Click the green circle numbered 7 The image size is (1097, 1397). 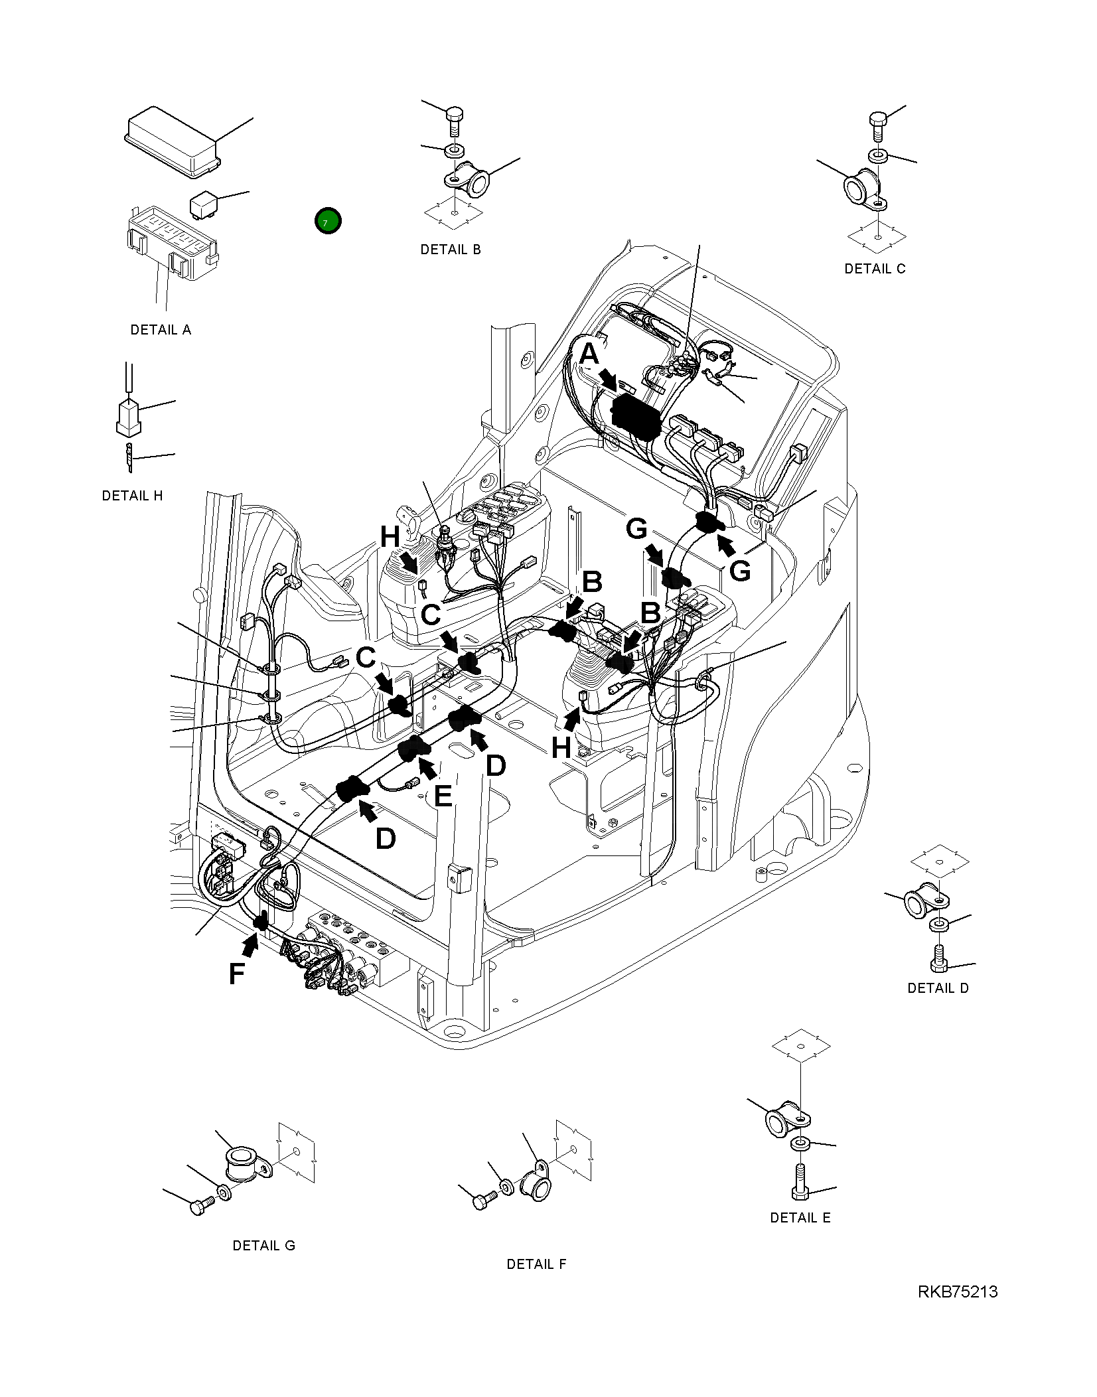click(x=328, y=221)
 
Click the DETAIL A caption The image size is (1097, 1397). click(x=161, y=330)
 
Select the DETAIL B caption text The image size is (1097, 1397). click(x=450, y=250)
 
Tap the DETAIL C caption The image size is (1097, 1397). click(x=874, y=269)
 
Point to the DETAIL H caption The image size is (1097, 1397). click(x=132, y=496)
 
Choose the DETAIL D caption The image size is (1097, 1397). click(x=937, y=988)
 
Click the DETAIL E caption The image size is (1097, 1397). click(x=800, y=1218)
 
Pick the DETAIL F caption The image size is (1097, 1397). click(x=536, y=1264)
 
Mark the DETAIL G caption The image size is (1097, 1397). click(x=263, y=1246)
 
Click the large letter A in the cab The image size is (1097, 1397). click(x=589, y=354)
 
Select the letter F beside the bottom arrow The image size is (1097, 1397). click(x=236, y=974)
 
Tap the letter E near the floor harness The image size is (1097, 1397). click(x=443, y=796)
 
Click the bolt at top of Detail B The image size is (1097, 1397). click(x=455, y=120)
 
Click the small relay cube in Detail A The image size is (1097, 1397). click(x=203, y=204)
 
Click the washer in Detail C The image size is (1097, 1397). click(x=878, y=157)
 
